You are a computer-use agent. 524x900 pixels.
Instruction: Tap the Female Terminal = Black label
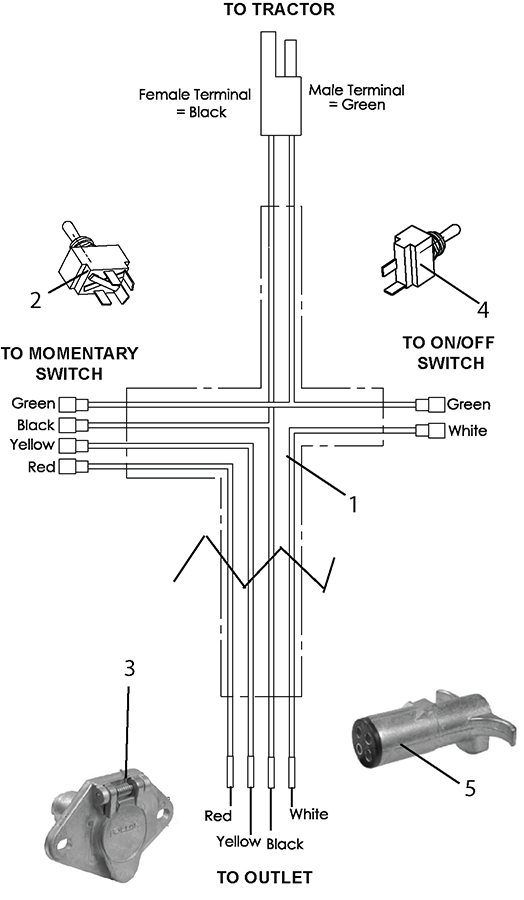pyautogui.click(x=195, y=103)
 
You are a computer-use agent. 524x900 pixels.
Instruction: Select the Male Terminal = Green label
pyautogui.click(x=356, y=97)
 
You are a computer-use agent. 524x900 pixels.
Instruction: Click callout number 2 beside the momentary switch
pyautogui.click(x=36, y=300)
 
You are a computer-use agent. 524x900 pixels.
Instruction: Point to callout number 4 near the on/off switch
pyautogui.click(x=483, y=310)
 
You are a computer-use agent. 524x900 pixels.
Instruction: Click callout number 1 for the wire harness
pyautogui.click(x=353, y=504)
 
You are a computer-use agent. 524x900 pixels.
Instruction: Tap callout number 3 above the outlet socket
pyautogui.click(x=129, y=668)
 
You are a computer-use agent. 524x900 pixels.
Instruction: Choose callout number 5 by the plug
pyautogui.click(x=470, y=788)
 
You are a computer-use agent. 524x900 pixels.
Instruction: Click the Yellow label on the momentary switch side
pyautogui.click(x=32, y=445)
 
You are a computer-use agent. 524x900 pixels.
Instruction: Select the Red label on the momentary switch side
pyautogui.click(x=41, y=467)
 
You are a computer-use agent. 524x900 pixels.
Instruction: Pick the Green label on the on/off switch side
pyautogui.click(x=469, y=405)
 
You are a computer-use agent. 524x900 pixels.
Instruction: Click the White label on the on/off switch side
pyautogui.click(x=467, y=430)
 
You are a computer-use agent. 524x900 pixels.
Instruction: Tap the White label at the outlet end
pyautogui.click(x=309, y=814)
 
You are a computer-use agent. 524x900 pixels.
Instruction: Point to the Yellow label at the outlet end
pyautogui.click(x=238, y=841)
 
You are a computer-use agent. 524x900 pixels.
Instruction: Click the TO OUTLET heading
pyautogui.click(x=265, y=877)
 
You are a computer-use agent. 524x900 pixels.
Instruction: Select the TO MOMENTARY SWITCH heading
pyautogui.click(x=69, y=363)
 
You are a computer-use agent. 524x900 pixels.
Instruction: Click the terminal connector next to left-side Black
pyautogui.click(x=73, y=425)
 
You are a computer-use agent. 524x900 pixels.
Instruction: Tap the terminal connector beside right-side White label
pyautogui.click(x=430, y=430)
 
